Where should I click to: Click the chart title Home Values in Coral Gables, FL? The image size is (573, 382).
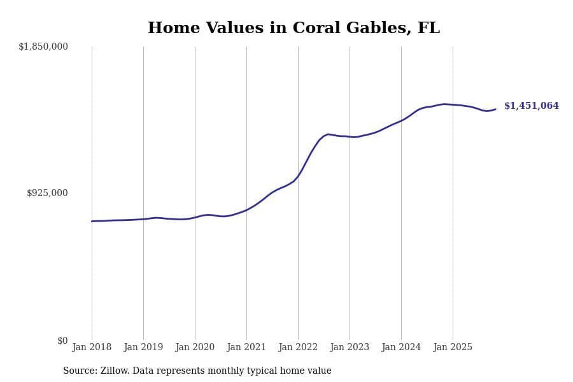294,29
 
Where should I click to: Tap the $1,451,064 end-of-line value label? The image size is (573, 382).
531,106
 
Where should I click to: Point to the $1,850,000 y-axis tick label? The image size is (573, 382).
43,46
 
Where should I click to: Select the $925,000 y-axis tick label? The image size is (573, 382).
47,193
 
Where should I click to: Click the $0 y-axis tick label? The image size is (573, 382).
62,341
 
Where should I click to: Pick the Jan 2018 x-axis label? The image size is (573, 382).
92,348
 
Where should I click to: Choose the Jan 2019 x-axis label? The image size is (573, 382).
143,348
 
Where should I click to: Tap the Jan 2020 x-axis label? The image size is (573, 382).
195,348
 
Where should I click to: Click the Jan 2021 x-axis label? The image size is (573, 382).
246,348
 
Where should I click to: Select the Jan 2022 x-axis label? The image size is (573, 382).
298,348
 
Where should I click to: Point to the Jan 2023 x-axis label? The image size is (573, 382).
350,348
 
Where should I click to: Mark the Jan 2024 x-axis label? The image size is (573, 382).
401,348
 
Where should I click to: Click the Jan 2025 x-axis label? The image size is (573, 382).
453,348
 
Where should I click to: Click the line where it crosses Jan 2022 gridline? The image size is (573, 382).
298,176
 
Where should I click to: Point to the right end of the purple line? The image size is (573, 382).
495,110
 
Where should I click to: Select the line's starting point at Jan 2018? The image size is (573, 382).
92,221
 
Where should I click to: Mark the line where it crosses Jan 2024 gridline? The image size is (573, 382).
401,120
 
